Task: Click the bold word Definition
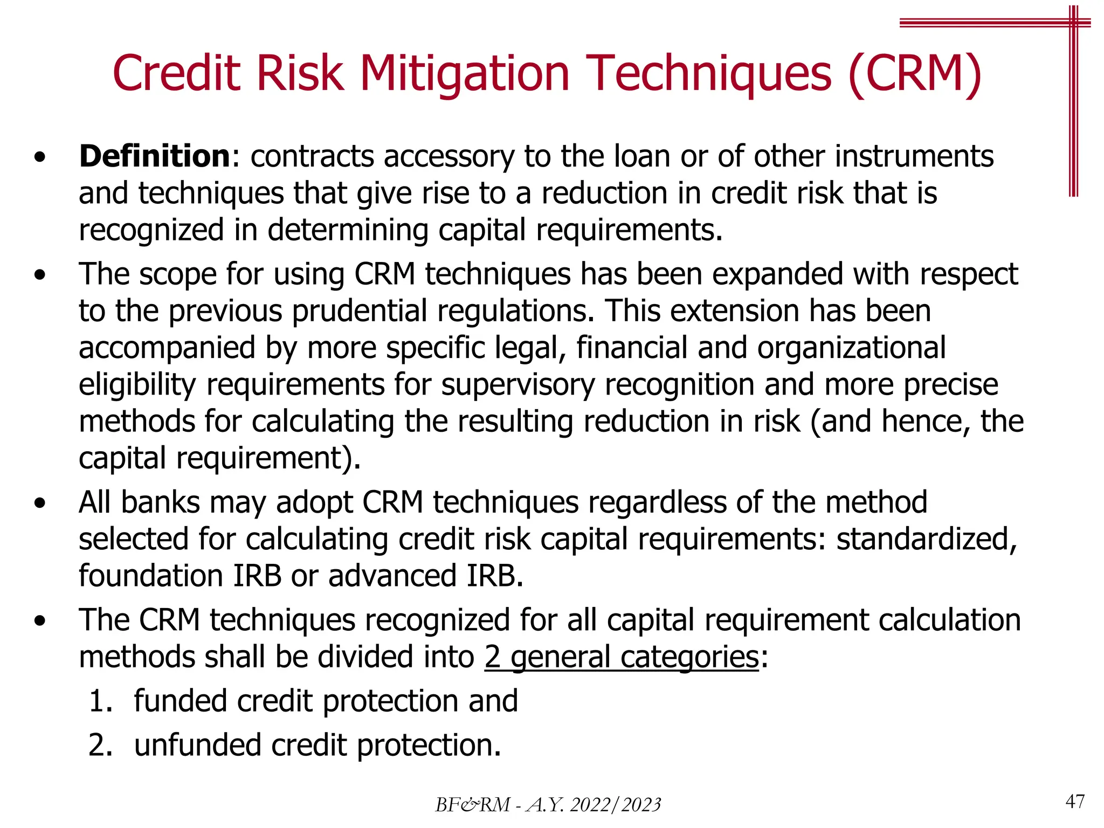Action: [x=155, y=156]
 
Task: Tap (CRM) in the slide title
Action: [x=915, y=74]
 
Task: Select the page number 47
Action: [x=1075, y=802]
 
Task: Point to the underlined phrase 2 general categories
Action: [x=622, y=657]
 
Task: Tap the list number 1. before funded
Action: [x=100, y=701]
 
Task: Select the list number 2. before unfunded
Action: [x=100, y=746]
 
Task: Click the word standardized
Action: [x=926, y=539]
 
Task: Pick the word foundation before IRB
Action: [x=151, y=576]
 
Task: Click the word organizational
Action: [x=851, y=348]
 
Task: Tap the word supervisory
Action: [x=518, y=385]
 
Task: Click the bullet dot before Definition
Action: [x=39, y=158]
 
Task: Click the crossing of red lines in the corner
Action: [x=1073, y=23]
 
